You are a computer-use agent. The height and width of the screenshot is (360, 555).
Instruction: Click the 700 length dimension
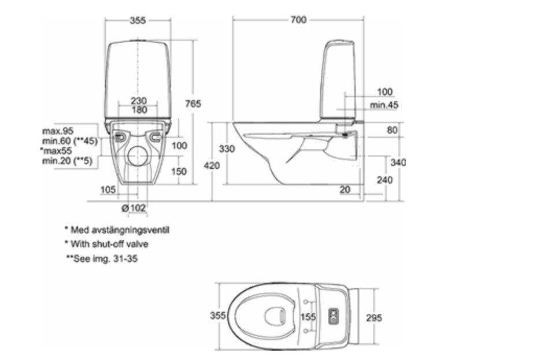click(298, 20)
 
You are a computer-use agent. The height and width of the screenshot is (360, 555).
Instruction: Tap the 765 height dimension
click(193, 103)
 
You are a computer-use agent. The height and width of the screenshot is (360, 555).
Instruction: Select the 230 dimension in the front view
click(139, 101)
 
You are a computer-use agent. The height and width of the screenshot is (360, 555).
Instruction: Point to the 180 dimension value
click(139, 110)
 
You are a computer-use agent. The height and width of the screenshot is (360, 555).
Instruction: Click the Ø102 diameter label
click(134, 208)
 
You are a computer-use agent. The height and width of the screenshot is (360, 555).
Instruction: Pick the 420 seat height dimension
click(212, 165)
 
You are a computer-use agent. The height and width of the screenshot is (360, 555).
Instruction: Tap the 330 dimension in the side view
click(227, 149)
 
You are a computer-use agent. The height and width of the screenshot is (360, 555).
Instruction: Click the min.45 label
click(384, 105)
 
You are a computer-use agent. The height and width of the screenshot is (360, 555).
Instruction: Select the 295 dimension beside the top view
click(374, 318)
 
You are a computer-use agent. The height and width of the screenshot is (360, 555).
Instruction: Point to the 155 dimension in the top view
click(308, 317)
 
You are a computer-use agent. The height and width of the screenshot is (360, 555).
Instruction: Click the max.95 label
click(58, 131)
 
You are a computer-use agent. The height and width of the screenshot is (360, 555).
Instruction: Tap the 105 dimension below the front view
click(108, 190)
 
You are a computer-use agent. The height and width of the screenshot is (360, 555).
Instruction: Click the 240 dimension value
click(384, 180)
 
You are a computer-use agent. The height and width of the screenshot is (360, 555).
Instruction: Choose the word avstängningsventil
click(130, 230)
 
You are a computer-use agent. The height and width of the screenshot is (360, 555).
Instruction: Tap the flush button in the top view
click(334, 317)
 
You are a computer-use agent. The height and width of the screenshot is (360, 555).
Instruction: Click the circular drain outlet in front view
click(138, 156)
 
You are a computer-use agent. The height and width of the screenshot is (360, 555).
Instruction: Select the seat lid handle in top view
click(283, 314)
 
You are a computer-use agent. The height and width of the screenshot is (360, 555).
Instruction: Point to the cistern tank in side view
click(338, 80)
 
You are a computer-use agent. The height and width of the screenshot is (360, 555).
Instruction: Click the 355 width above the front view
click(138, 20)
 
